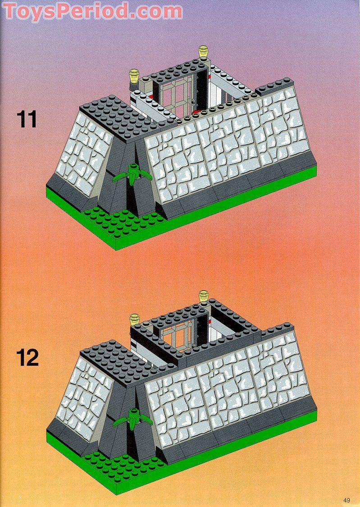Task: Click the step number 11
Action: coord(27,119)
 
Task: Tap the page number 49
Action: coord(346,499)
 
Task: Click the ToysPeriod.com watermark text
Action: coord(93,11)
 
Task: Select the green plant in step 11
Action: coord(132,174)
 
